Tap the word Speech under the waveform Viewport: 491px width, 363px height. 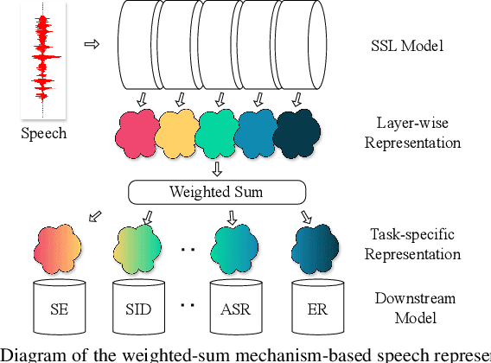[43, 134]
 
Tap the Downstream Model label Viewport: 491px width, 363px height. [405, 306]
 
